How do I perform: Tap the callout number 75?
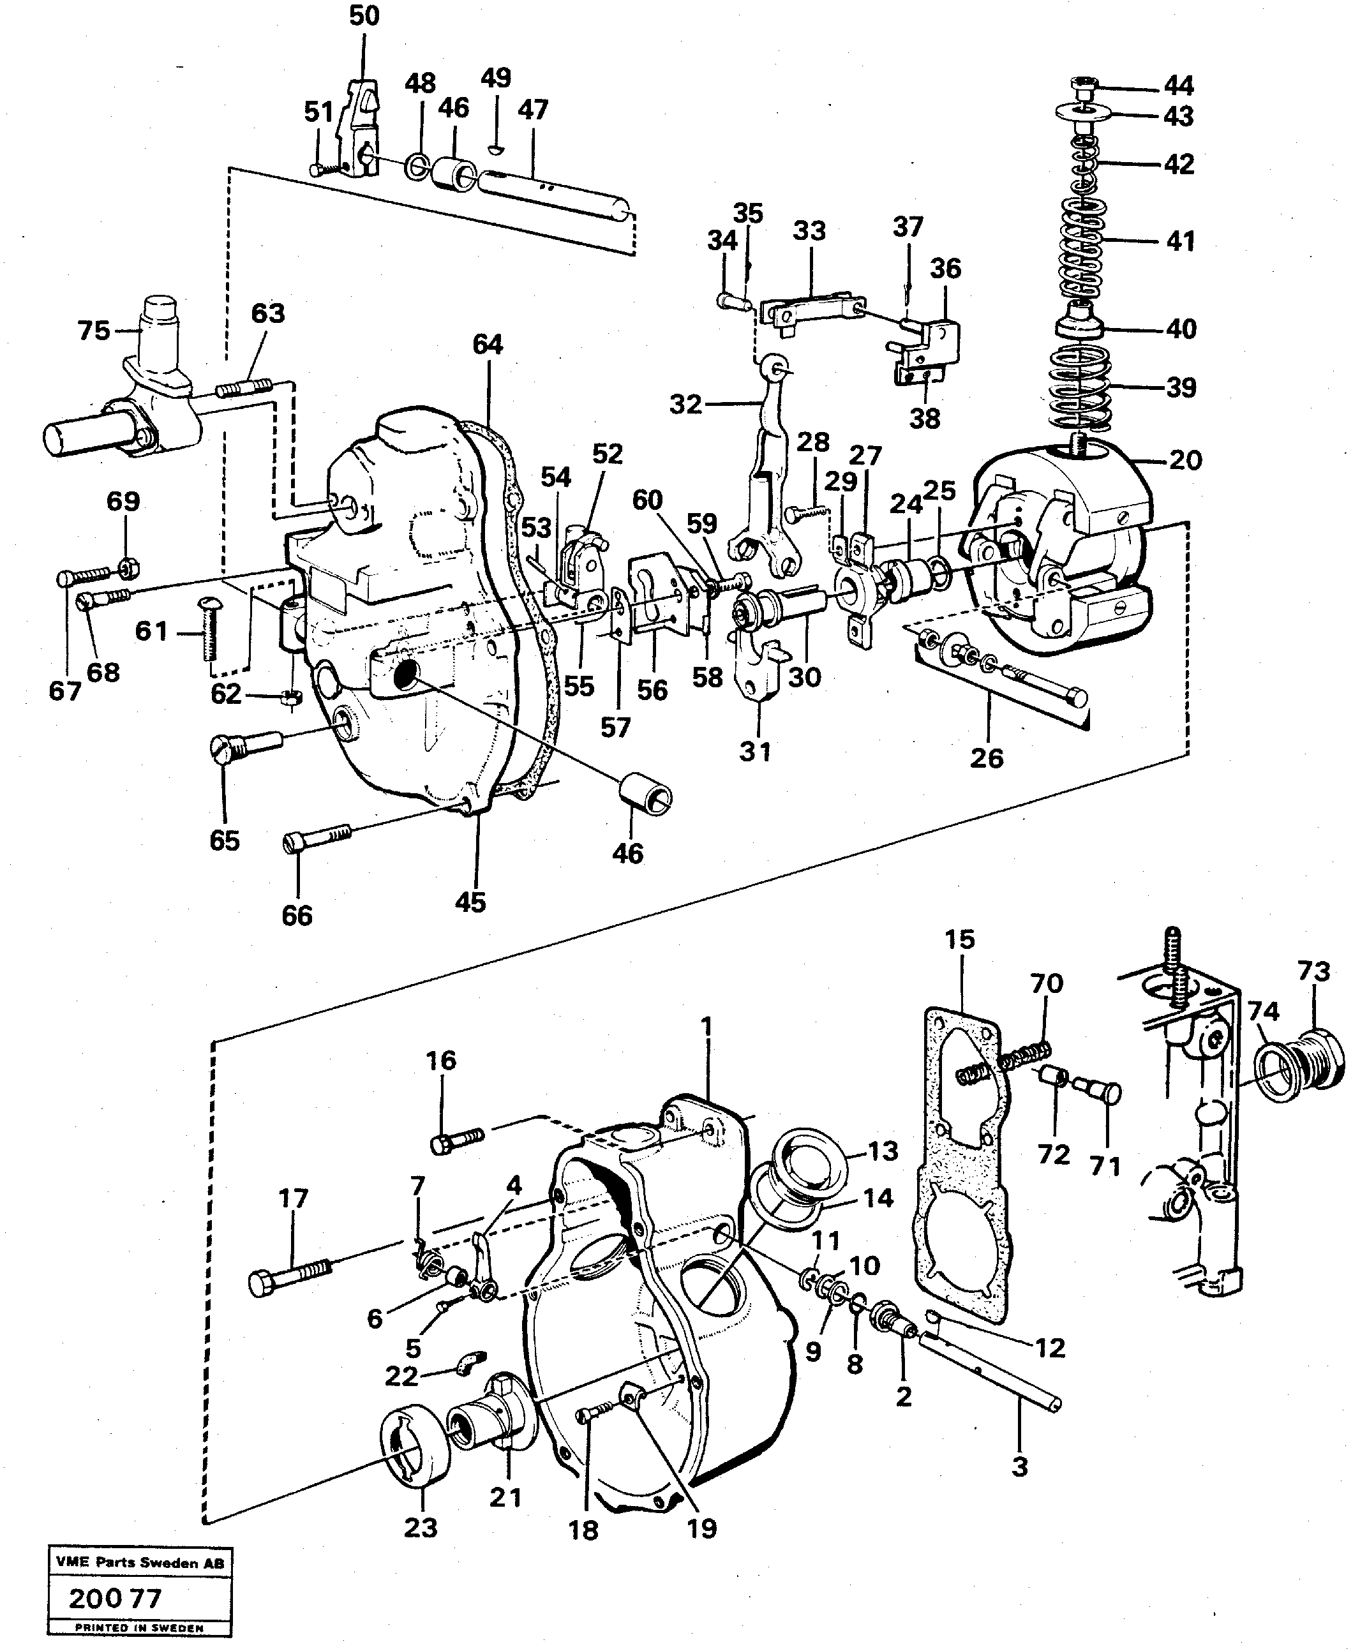pyautogui.click(x=94, y=331)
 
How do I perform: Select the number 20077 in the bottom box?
pyautogui.click(x=115, y=1600)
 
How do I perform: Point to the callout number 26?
pyautogui.click(x=986, y=757)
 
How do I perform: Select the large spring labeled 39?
pyautogui.click(x=1079, y=387)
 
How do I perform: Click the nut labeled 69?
pyautogui.click(x=130, y=566)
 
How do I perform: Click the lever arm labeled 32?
pyautogui.click(x=768, y=459)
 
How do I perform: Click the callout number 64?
pyautogui.click(x=487, y=345)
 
